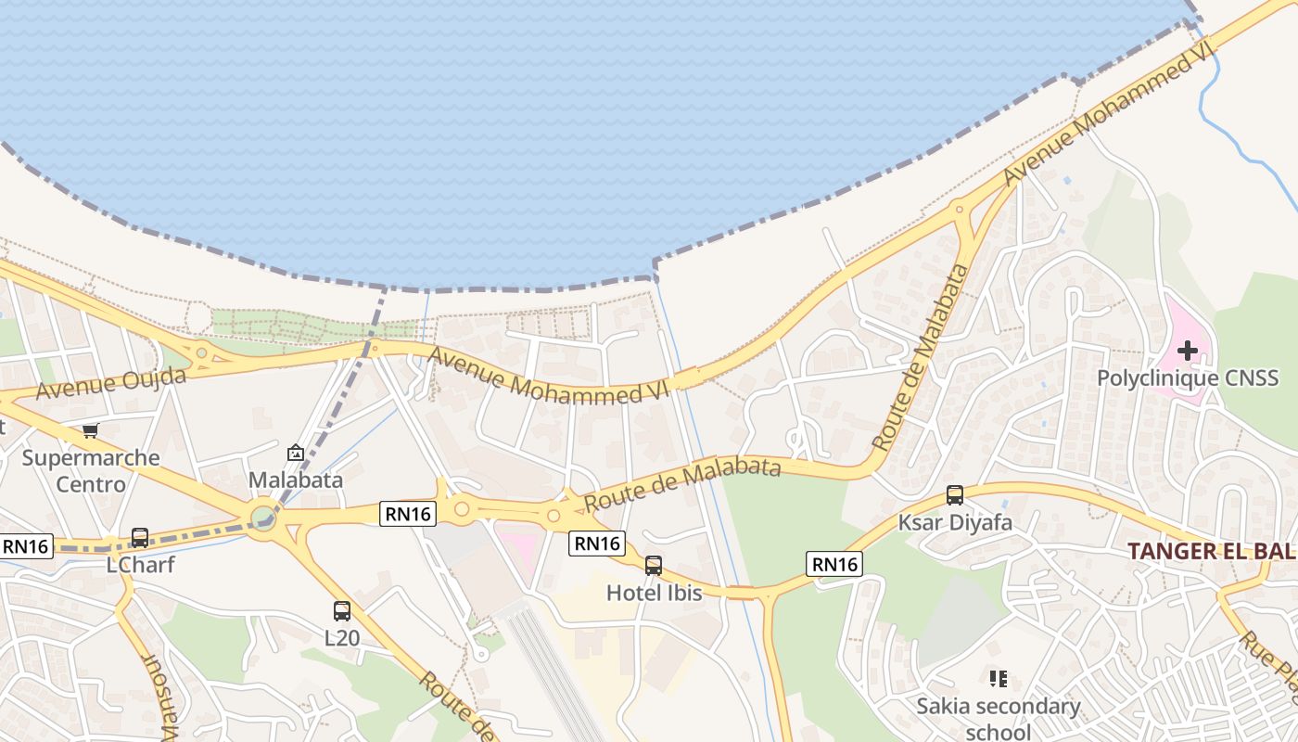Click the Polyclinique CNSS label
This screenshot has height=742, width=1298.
click(x=1188, y=378)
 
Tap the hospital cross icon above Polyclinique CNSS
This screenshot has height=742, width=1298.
click(x=1188, y=351)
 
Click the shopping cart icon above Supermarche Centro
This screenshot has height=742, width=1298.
click(x=90, y=430)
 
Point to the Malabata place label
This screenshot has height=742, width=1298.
click(x=296, y=480)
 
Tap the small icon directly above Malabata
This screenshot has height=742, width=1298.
click(x=296, y=453)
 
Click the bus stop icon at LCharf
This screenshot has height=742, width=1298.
click(x=140, y=537)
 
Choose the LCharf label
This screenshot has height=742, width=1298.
click(x=140, y=565)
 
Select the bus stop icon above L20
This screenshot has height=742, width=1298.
click(x=342, y=611)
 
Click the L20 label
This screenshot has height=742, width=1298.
click(x=342, y=639)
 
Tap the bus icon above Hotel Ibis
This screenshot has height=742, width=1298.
click(x=654, y=565)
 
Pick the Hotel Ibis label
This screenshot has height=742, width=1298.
click(x=654, y=593)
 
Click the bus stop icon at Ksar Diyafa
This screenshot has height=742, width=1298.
click(x=955, y=495)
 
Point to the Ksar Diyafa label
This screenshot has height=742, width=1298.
click(x=955, y=523)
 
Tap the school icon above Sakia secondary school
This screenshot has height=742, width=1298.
click(x=999, y=679)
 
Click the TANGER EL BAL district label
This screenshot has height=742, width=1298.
click(x=1211, y=551)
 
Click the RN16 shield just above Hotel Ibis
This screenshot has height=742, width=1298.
click(x=597, y=544)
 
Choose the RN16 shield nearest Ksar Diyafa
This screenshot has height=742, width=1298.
click(x=834, y=563)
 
